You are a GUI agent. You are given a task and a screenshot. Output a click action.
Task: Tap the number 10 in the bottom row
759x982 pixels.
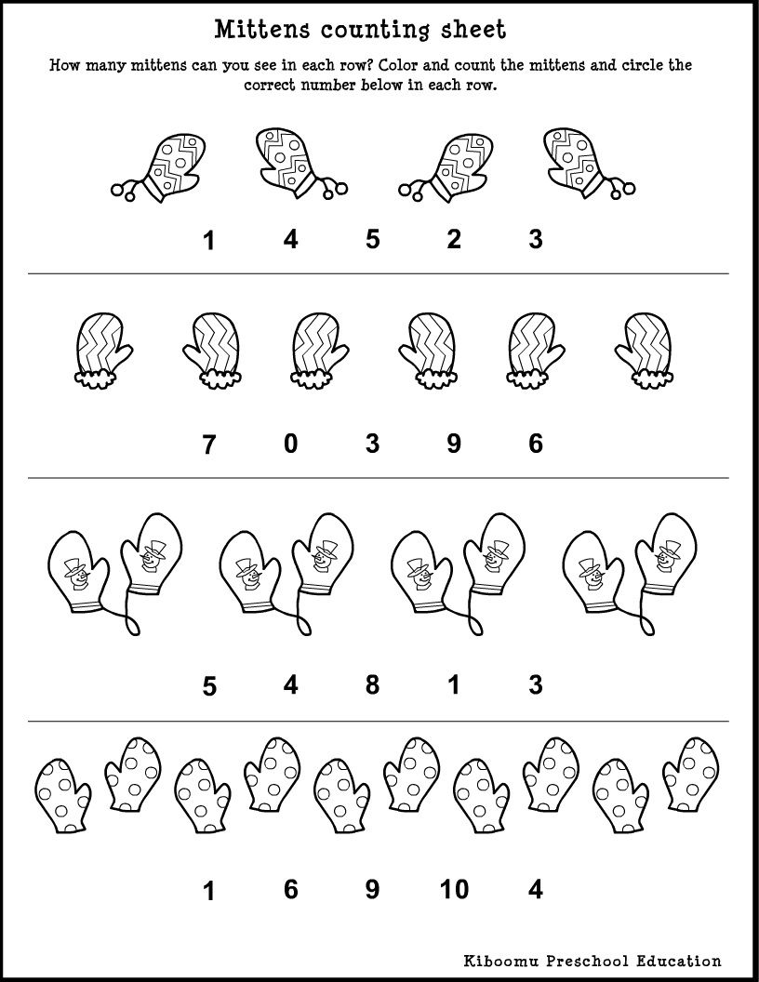pos(454,890)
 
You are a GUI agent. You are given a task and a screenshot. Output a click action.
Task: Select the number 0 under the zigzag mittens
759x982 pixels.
pos(291,445)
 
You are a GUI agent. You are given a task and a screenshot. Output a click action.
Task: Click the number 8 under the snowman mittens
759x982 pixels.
pos(372,685)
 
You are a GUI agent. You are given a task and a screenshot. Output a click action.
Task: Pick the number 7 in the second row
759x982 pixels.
pos(209,445)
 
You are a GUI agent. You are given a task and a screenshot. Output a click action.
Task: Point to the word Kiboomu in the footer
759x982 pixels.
pos(501,961)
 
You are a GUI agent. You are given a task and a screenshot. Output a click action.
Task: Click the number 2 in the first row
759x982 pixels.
pos(454,239)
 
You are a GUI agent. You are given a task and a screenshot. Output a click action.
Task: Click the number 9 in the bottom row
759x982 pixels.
pos(372,890)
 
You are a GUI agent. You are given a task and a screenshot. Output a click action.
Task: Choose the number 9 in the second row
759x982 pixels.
pos(454,445)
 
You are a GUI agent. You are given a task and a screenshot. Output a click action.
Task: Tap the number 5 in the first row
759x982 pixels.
pos(372,239)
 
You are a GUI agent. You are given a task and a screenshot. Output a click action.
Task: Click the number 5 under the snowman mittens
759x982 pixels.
pos(209,687)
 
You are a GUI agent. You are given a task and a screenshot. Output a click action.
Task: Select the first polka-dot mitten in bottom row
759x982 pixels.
pos(61,792)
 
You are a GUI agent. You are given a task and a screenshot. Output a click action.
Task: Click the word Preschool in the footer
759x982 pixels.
pos(589,961)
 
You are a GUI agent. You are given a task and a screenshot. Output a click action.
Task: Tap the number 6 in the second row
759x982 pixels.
pos(536,445)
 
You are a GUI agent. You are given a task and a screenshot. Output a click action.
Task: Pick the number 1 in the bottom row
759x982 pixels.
pos(209,892)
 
